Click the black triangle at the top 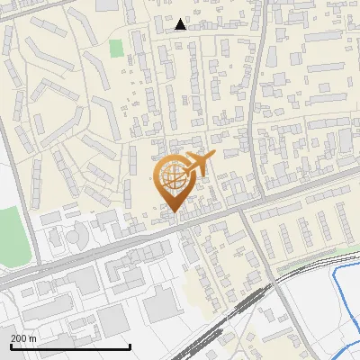pyautogui.click(x=181, y=24)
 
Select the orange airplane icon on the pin pyautogui.click(x=197, y=166)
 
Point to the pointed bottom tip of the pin pyautogui.click(x=173, y=212)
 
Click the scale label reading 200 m pyautogui.click(x=23, y=338)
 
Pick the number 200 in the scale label pyautogui.click(x=19, y=338)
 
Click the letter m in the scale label pyautogui.click(x=33, y=338)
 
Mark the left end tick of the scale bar pyautogui.click(x=11, y=345)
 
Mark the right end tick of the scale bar pyautogui.click(x=130, y=345)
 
